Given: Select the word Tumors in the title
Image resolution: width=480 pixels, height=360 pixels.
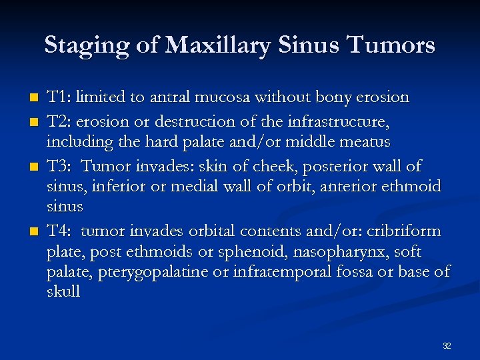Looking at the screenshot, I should click(x=390, y=45).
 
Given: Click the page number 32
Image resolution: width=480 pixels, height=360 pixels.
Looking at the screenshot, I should click(x=447, y=346).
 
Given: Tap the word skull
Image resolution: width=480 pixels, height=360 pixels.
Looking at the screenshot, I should click(x=63, y=292).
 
